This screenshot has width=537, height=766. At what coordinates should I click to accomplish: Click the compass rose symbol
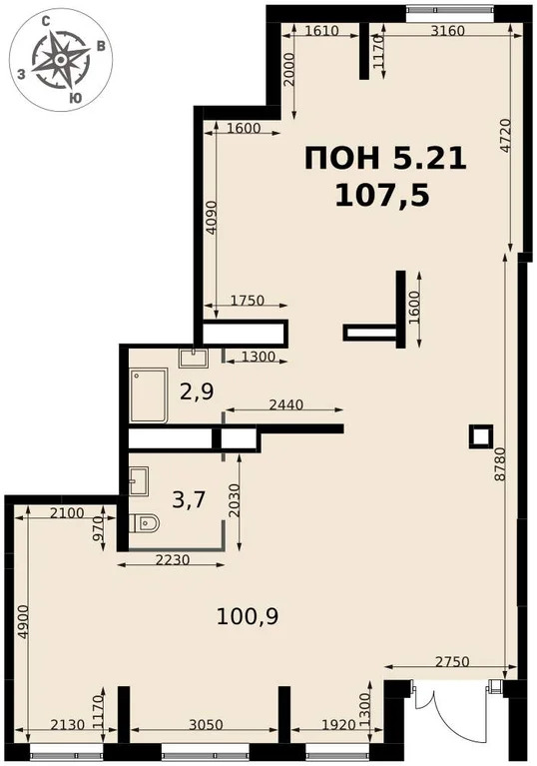pyautogui.click(x=61, y=60)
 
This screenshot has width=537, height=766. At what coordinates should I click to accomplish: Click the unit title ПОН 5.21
pyautogui.click(x=384, y=159)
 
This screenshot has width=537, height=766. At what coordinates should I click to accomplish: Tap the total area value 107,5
pyautogui.click(x=384, y=194)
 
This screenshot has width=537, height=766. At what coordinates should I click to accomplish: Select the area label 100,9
pyautogui.click(x=247, y=616)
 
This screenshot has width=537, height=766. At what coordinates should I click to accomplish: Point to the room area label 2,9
pyautogui.click(x=196, y=391)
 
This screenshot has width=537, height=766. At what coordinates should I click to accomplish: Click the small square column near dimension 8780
pyautogui.click(x=481, y=434)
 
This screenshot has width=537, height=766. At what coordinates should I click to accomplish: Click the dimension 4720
pyautogui.click(x=505, y=135)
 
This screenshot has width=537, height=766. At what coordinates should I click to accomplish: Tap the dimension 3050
pyautogui.click(x=205, y=726)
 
